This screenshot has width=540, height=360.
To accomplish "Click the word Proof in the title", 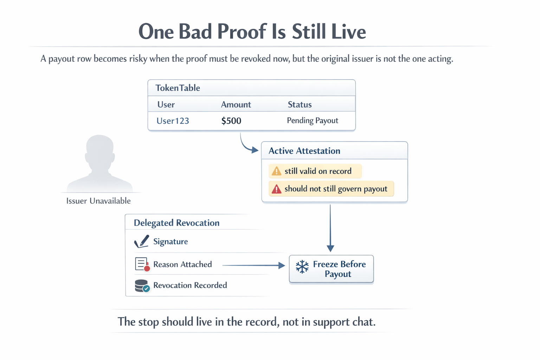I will pos(242,32).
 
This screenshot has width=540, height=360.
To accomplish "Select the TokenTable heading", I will pos(178,88).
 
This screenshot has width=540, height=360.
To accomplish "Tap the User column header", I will pos(166,104).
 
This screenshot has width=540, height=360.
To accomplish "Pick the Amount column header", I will pos(236,104).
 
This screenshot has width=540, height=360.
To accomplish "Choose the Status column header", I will pos(300,104).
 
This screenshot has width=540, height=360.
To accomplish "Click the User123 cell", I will pos(173,121).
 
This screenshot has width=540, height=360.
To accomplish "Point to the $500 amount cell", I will pos(231,121).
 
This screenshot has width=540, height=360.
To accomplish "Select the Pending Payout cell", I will pos(312,121).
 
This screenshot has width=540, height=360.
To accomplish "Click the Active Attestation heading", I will pos(304,151).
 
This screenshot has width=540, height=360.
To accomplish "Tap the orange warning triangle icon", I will pos(277,171).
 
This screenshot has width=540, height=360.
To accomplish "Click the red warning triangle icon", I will pos(277,189).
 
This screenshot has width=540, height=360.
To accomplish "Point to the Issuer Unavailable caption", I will pos(98,201).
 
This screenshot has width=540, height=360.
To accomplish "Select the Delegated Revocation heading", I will pos(176,223).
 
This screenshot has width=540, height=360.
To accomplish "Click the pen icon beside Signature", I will pos(142,242).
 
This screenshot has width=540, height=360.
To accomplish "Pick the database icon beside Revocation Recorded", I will pos(142,285).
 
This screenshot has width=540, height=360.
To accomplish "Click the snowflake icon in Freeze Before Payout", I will pos(302,267).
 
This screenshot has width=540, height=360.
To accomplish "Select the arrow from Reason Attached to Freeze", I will pos(253,265).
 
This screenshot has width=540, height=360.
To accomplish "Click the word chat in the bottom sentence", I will pos(364,322).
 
